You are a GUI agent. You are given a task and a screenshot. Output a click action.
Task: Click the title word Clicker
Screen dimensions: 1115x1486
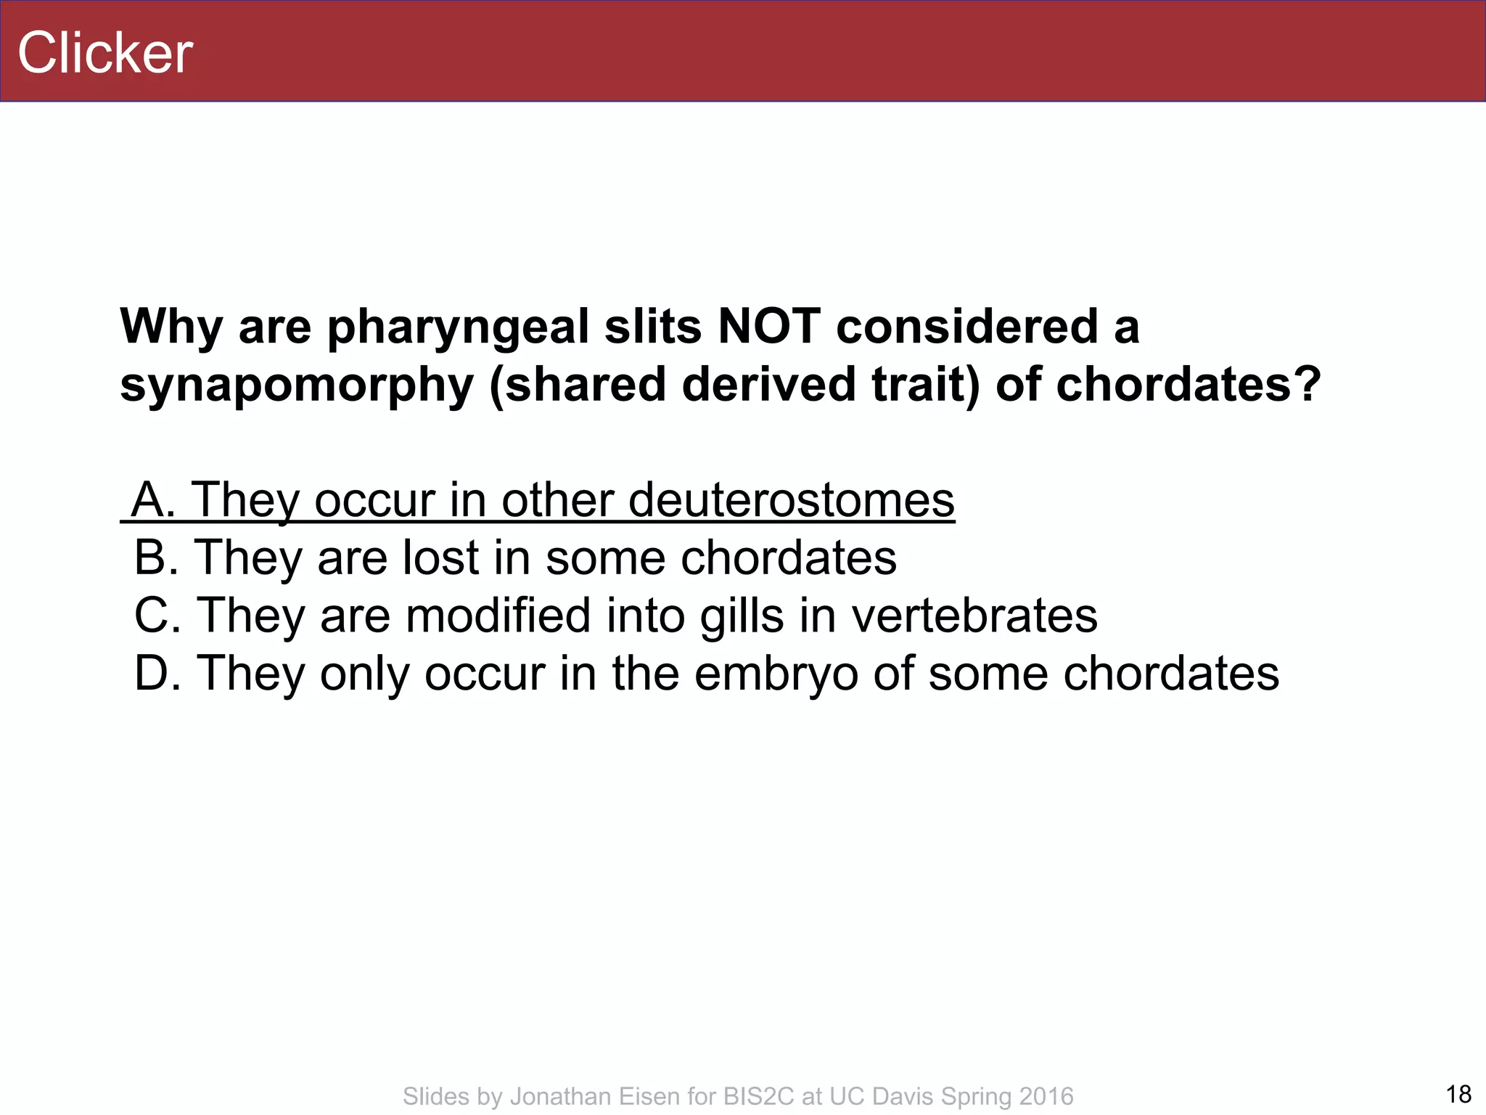coord(105,53)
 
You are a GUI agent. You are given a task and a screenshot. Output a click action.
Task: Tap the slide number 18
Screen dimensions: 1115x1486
coord(1458,1094)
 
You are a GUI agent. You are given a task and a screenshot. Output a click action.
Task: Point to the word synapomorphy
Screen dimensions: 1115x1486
coord(297,385)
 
